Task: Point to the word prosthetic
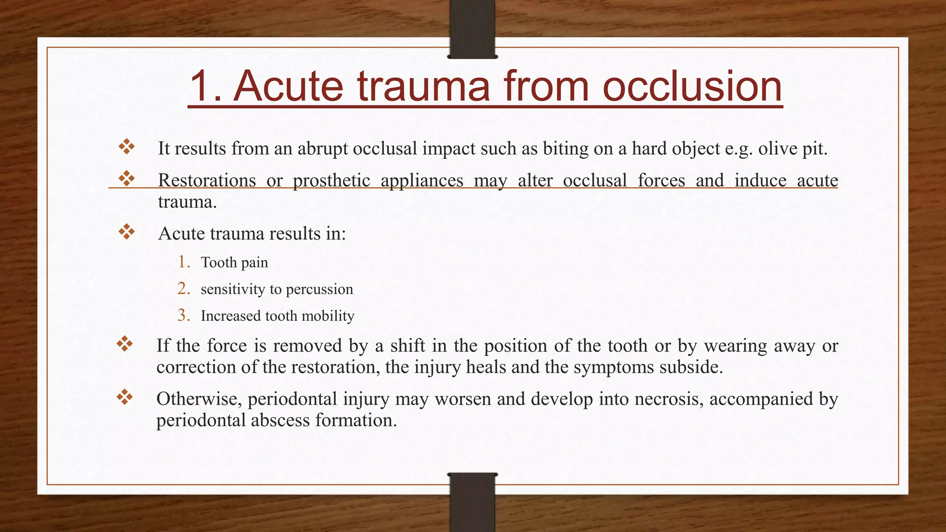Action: click(x=331, y=181)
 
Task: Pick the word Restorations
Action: click(x=206, y=181)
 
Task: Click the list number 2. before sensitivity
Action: click(x=184, y=289)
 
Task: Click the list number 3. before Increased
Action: click(x=184, y=315)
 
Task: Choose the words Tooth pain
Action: click(x=234, y=263)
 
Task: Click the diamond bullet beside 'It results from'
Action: click(x=127, y=147)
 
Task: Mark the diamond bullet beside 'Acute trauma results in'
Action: click(x=127, y=232)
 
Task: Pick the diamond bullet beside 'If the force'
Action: click(x=125, y=344)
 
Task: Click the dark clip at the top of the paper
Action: click(x=472, y=29)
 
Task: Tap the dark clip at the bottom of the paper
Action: click(x=472, y=502)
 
